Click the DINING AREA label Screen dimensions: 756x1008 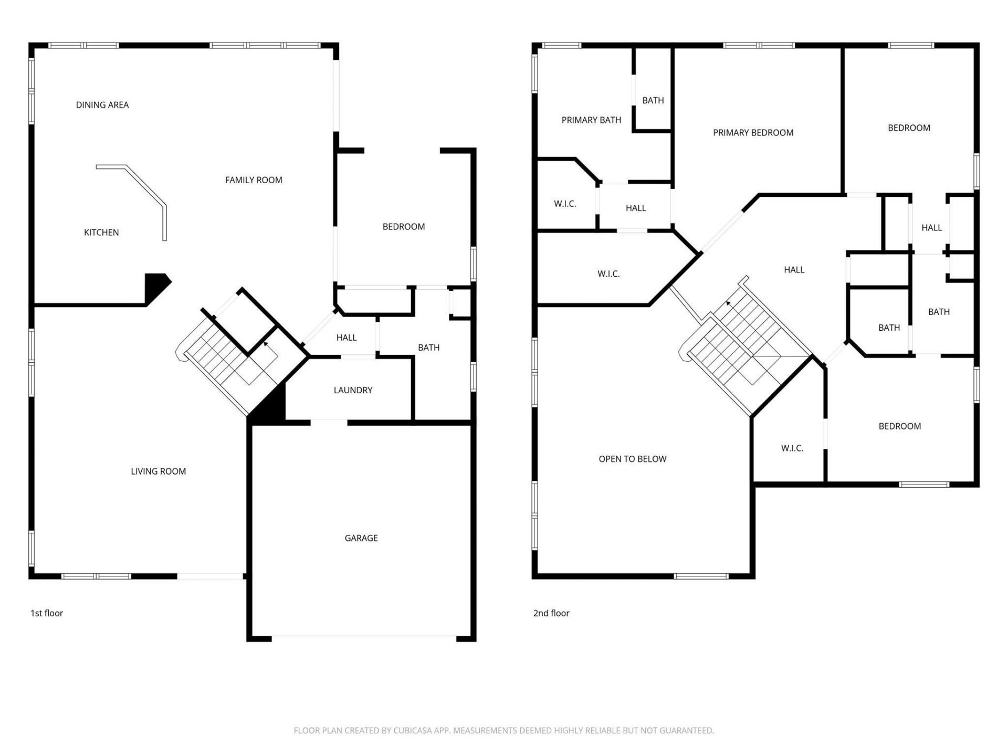click(x=102, y=105)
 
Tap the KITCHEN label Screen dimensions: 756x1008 click(x=101, y=233)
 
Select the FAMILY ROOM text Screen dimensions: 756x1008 click(x=254, y=180)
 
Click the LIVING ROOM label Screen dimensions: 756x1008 click(x=158, y=471)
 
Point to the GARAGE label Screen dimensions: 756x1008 click(x=361, y=538)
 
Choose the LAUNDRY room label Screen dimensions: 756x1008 click(x=353, y=390)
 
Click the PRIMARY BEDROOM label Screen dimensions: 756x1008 click(x=753, y=133)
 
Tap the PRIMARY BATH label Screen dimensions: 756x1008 click(x=591, y=120)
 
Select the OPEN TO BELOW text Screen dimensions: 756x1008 click(x=632, y=459)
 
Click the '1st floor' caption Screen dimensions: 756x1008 click(x=47, y=613)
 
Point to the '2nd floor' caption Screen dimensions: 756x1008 click(x=551, y=613)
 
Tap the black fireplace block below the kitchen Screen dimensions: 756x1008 click(x=156, y=286)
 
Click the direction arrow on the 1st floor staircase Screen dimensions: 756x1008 click(x=266, y=344)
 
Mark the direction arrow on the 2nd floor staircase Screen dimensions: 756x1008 click(x=729, y=304)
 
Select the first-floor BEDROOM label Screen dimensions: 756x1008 click(x=403, y=227)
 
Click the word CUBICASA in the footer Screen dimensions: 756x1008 click(x=413, y=730)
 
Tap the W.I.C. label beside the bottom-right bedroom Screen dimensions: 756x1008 click(x=792, y=448)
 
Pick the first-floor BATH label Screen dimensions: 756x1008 click(x=428, y=348)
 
